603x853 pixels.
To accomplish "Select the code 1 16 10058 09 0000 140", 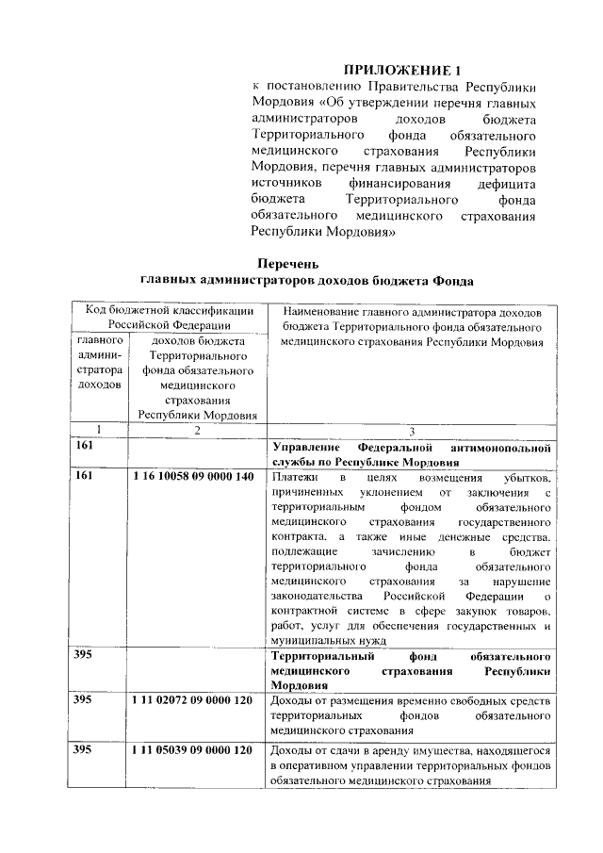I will (193, 477).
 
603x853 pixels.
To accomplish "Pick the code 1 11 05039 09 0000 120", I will (193, 750).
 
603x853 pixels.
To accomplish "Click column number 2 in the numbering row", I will (196, 430).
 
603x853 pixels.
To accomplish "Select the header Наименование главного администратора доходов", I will (411, 310).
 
